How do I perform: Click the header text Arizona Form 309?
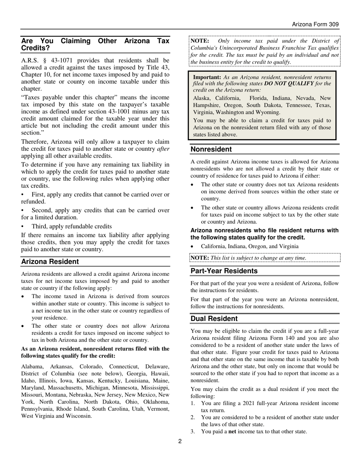pos(315,24)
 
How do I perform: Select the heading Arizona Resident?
pos(50,262)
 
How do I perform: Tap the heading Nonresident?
pos(211,149)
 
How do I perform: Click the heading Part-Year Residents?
pos(224,271)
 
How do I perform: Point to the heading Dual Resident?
pos(214,319)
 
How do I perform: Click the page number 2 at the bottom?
pos(180,441)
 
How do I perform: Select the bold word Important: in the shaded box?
pos(207,77)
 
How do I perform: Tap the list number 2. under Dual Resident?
pos(193,418)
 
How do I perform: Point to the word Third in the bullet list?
pos(40,226)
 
